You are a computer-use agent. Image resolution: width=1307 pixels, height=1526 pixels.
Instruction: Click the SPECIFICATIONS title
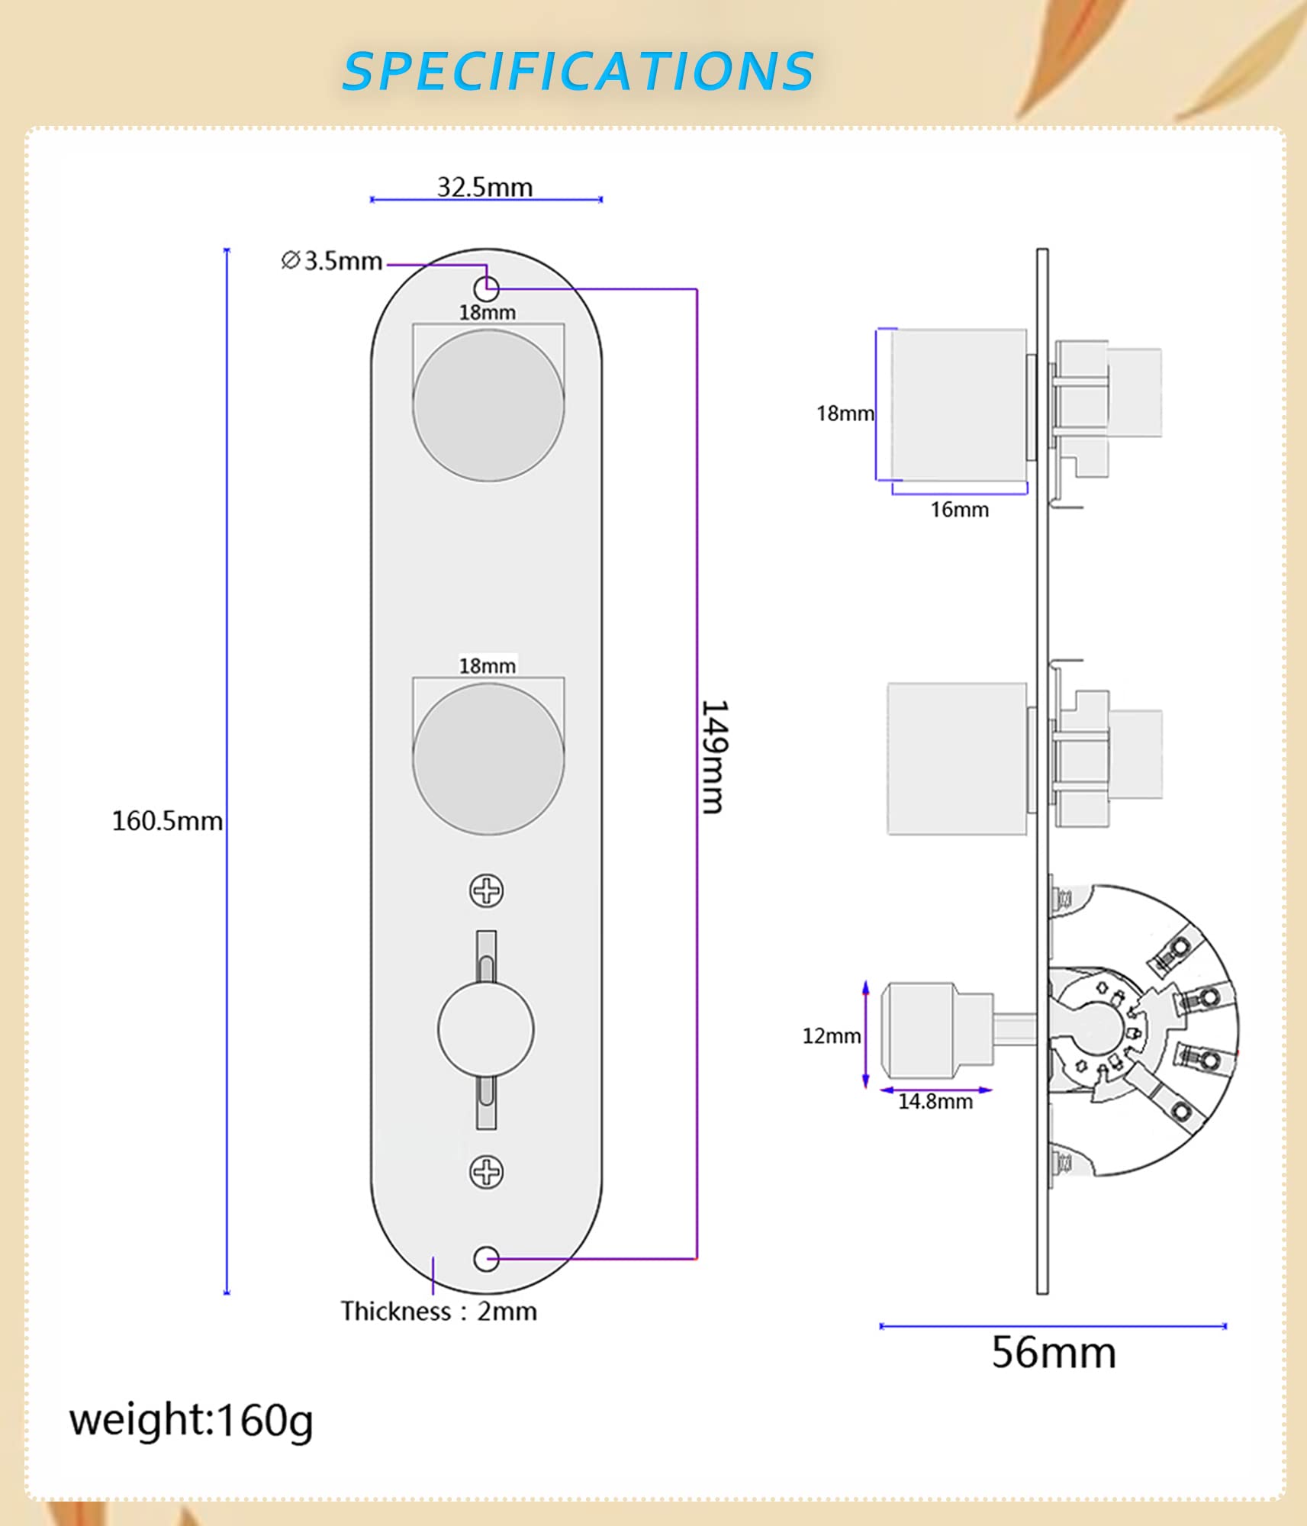point(578,71)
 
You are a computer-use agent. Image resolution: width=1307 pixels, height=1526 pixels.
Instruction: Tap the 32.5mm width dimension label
point(484,187)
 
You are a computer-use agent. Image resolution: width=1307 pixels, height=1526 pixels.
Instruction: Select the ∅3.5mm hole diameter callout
point(332,261)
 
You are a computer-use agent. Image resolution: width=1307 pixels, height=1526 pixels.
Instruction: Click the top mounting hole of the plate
point(487,289)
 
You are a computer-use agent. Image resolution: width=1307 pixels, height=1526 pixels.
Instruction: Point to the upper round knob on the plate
point(488,405)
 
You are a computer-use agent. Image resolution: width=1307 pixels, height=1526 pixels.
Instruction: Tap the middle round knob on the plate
point(488,758)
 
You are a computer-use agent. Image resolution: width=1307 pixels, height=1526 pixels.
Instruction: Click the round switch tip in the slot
point(486,1029)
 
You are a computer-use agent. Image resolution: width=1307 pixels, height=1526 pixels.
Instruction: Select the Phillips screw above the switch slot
point(487,890)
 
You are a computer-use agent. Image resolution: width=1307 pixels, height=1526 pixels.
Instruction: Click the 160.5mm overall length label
point(167,821)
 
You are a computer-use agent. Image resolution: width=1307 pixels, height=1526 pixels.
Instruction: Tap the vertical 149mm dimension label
point(714,757)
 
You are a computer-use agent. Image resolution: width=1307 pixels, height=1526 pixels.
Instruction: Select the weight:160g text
point(192,1421)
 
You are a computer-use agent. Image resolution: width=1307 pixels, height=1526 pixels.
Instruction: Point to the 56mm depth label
point(1054,1353)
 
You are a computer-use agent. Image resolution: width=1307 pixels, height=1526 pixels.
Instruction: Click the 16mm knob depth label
point(959,510)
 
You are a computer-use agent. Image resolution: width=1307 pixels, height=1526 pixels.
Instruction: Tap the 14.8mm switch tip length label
point(935,1102)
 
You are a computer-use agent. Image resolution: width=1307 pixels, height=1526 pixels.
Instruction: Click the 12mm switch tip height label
point(831,1036)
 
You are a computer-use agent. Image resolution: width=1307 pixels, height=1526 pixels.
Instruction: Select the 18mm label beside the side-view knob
point(845,414)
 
